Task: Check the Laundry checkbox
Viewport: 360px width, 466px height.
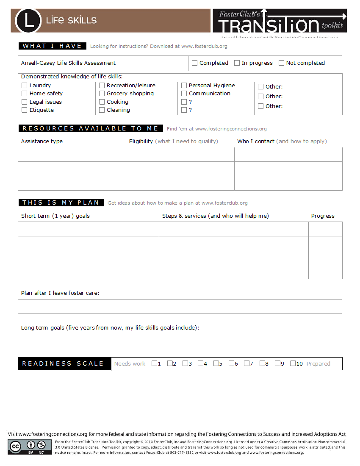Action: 25,86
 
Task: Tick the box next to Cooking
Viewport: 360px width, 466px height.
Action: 102,102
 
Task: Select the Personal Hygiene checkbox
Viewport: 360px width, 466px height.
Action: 184,86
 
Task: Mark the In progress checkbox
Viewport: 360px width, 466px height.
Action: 237,63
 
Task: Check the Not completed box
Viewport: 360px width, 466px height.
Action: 282,63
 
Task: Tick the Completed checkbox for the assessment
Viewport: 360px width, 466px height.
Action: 195,63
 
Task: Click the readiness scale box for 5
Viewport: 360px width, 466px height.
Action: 216,363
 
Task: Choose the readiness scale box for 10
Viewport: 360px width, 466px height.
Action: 293,363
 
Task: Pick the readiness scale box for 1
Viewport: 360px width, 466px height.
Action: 155,363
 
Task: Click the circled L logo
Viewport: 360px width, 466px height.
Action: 28,20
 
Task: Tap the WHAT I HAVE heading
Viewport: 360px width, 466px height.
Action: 53,46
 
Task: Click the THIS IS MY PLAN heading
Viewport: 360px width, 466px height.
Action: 61,203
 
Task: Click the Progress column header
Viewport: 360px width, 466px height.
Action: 323,216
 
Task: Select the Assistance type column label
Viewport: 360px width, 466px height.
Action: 42,141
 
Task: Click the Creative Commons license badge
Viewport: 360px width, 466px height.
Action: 30,447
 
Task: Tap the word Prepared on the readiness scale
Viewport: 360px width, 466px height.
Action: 318,364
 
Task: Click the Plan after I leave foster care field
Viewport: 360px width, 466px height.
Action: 180,307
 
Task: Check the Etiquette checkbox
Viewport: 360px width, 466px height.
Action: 25,110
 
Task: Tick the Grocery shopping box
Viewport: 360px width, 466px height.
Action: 102,94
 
